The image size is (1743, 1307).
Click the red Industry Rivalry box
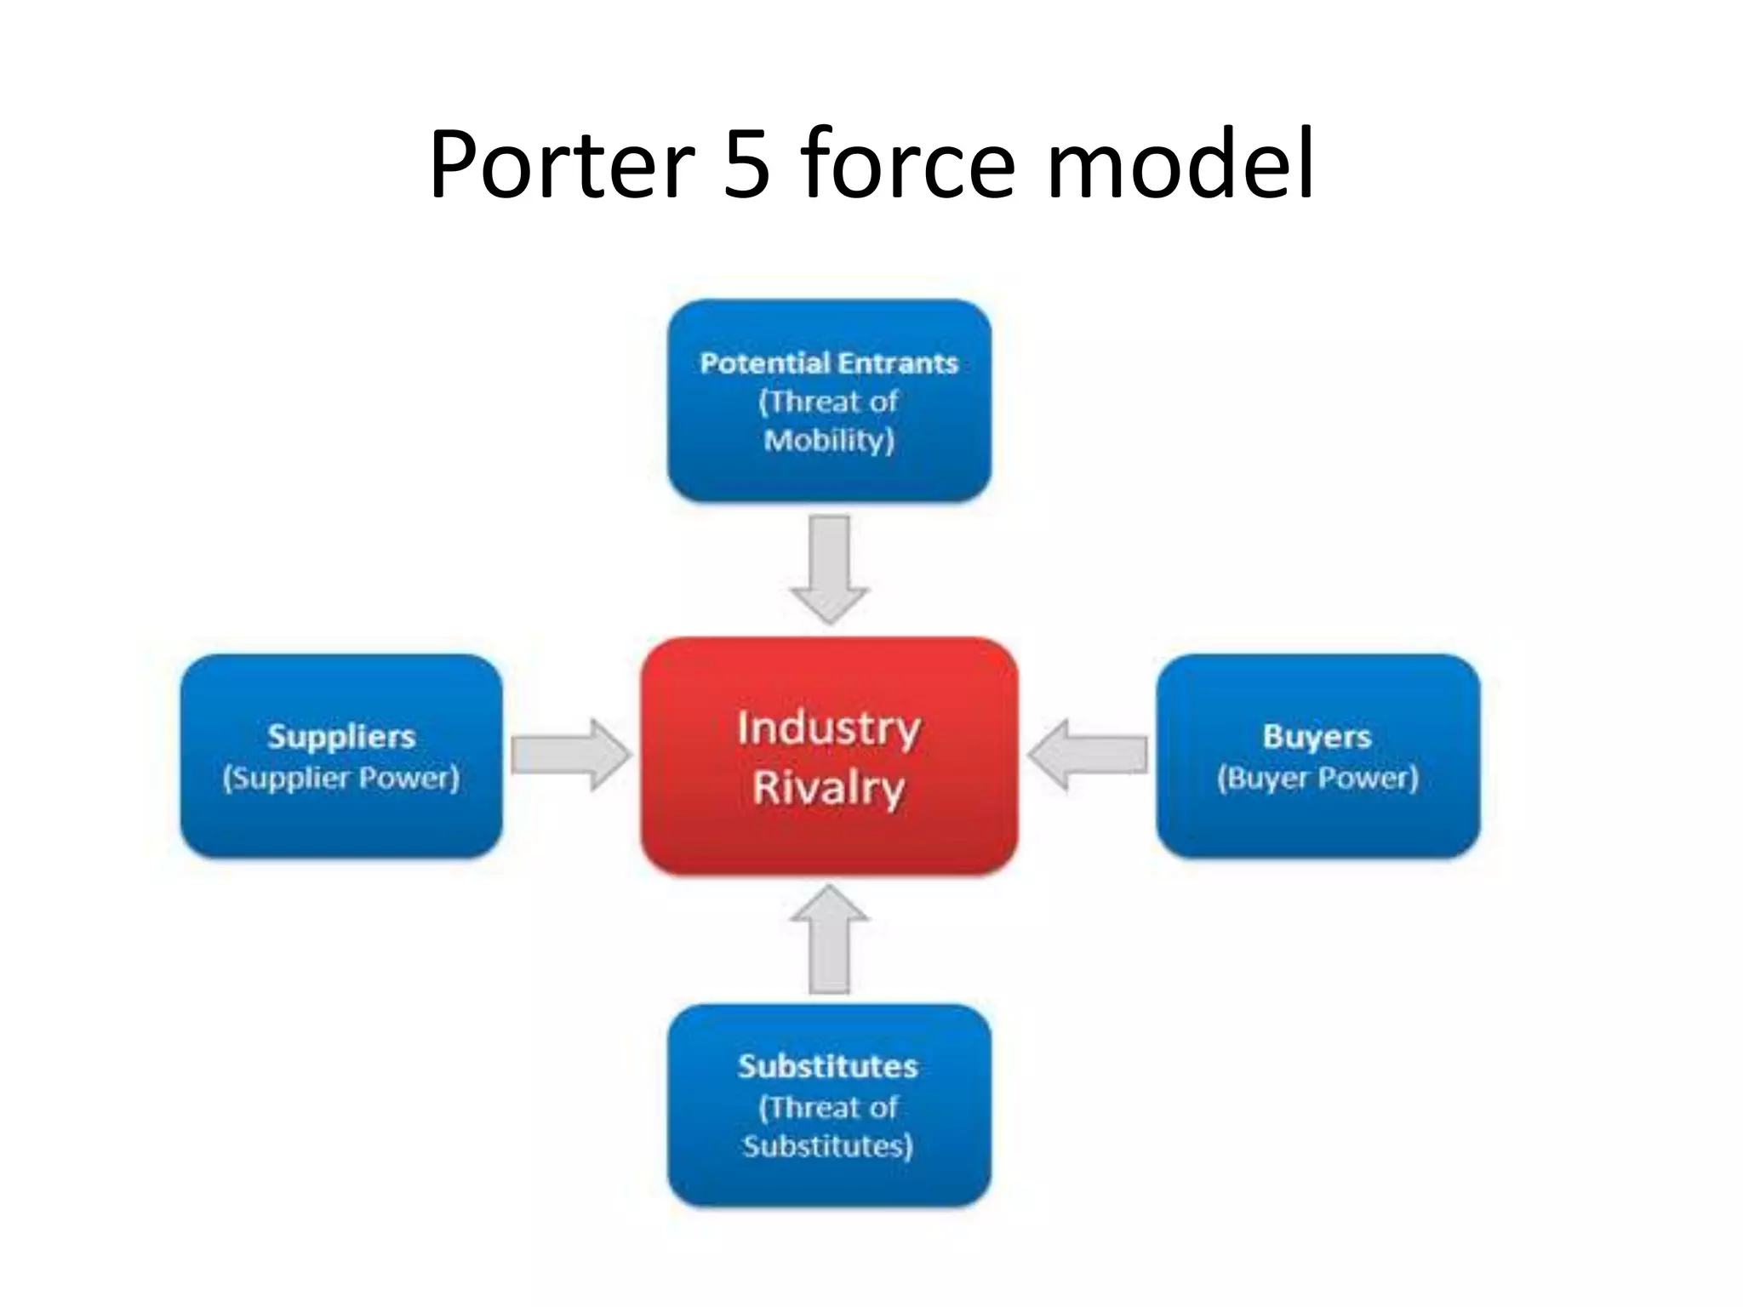(830, 842)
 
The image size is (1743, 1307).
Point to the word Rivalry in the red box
(828, 787)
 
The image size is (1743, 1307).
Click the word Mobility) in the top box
(829, 441)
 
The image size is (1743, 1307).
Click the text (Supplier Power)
(340, 778)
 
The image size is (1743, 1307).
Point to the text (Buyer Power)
(1317, 778)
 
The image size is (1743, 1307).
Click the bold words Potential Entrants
(829, 363)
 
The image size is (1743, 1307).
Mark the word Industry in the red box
(829, 728)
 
